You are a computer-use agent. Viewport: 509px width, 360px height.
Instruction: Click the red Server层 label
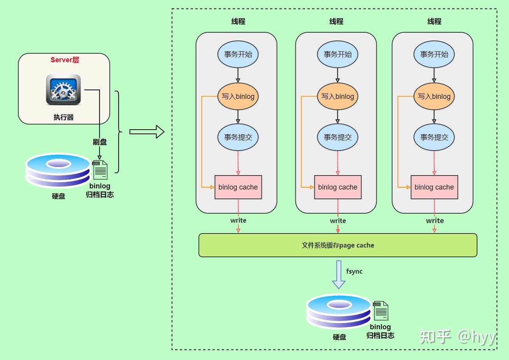click(x=65, y=60)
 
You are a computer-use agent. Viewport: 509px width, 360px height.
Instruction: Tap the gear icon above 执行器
click(x=63, y=90)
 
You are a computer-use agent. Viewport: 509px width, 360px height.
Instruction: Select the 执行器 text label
click(x=64, y=117)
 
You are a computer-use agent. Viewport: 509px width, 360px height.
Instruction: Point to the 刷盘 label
click(x=100, y=142)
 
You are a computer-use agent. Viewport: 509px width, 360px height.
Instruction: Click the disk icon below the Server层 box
click(x=58, y=170)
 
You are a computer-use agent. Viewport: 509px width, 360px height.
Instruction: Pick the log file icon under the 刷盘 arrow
click(x=100, y=170)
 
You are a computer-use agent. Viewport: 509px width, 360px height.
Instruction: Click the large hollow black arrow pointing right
click(x=147, y=132)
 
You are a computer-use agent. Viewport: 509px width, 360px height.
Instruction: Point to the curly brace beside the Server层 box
click(x=119, y=132)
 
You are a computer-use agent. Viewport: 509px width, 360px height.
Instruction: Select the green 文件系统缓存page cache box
click(x=338, y=245)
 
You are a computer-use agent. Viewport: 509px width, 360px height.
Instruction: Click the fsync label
click(x=354, y=271)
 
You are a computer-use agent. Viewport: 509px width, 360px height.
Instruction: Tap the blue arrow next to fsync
click(x=339, y=274)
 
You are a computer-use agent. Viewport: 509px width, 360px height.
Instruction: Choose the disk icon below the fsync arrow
click(x=339, y=311)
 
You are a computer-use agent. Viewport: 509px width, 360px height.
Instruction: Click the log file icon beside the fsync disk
click(x=381, y=311)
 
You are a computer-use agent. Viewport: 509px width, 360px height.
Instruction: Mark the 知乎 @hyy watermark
click(x=457, y=337)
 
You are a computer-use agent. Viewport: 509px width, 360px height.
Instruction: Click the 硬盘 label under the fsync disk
click(x=339, y=337)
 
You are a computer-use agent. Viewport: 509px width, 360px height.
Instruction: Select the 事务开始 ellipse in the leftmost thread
click(x=238, y=54)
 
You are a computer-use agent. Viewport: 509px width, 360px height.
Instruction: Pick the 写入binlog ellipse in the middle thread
click(x=337, y=97)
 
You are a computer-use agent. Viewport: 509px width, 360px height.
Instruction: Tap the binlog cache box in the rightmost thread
click(x=434, y=187)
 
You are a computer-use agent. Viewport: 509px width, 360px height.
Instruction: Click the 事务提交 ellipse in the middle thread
click(x=337, y=137)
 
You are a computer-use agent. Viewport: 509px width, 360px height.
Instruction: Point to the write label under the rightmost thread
click(x=435, y=220)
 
